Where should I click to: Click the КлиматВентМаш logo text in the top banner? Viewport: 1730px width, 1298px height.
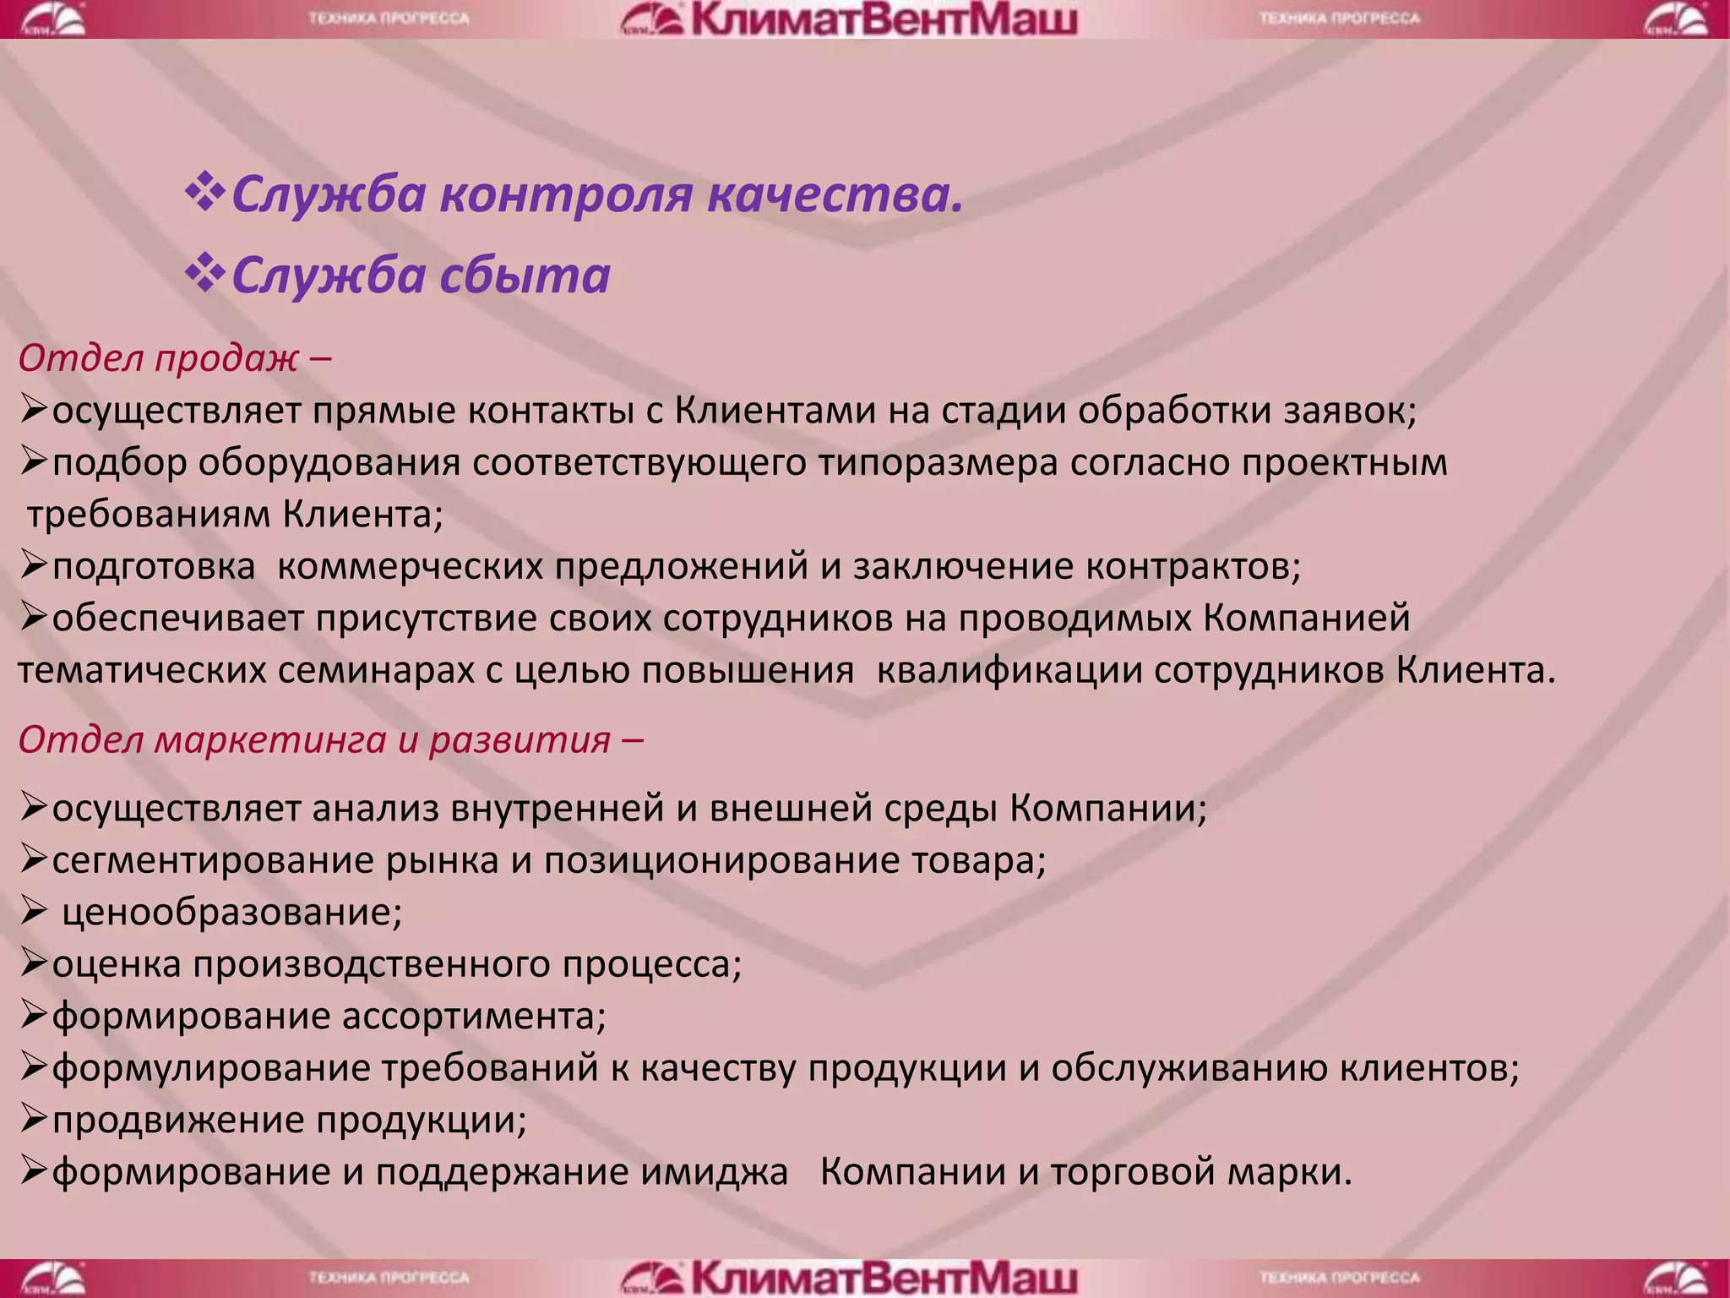[x=883, y=19]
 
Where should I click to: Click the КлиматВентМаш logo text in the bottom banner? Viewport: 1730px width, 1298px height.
[x=883, y=1278]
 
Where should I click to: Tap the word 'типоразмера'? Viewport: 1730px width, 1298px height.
[x=938, y=463]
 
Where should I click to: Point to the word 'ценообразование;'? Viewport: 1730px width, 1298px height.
[x=232, y=913]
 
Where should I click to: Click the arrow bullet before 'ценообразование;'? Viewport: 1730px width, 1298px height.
[x=33, y=911]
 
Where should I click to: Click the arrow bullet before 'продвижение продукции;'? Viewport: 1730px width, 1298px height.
[x=33, y=1119]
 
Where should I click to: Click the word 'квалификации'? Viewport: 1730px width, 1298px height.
[x=1010, y=671]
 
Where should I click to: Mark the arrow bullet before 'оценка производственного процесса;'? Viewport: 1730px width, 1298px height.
[x=33, y=963]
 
